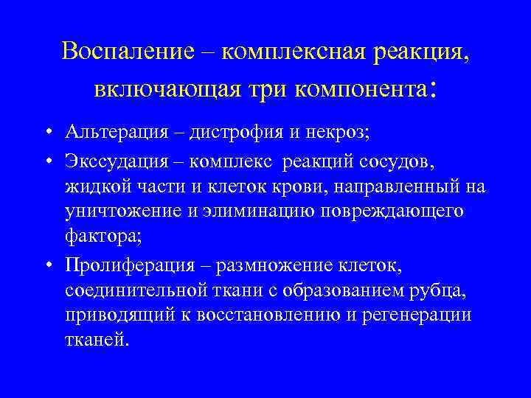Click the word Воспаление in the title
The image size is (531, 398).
point(125,52)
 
